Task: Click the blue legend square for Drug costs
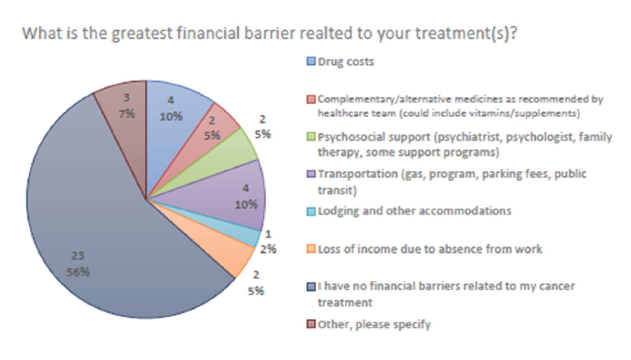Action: click(311, 61)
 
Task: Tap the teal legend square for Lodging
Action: click(311, 212)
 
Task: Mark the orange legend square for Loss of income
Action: click(311, 249)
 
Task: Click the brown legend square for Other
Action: click(311, 324)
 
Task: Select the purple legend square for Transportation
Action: click(311, 174)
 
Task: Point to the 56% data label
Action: click(78, 272)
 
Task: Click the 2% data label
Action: click(268, 249)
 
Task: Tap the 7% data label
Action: click(127, 114)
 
